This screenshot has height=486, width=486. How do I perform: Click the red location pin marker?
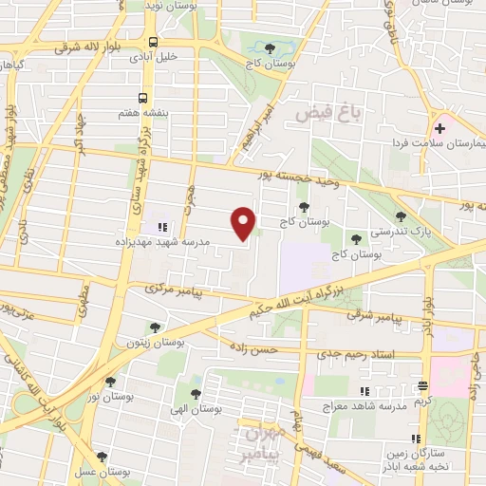point(244,222)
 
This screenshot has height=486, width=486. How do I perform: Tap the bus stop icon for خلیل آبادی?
point(153,41)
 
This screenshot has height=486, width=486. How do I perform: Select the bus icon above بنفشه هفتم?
point(143,98)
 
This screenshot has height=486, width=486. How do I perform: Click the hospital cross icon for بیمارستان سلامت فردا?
point(439,128)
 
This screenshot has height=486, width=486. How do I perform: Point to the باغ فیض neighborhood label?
point(328,113)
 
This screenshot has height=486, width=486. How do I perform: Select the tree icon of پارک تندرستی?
point(401,216)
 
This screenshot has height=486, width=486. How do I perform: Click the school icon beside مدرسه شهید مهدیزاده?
point(162,227)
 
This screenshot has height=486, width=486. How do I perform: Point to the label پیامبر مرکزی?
point(175,290)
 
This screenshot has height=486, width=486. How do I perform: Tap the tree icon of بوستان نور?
point(110,382)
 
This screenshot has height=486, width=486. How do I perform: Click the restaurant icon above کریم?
point(422,385)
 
